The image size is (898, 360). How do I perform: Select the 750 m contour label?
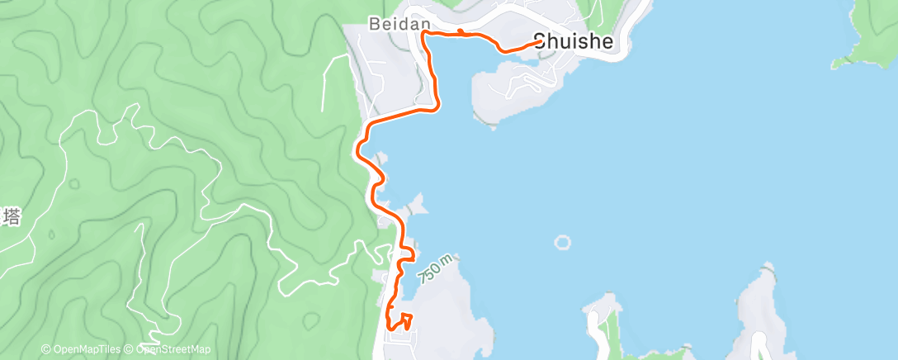pyautogui.click(x=436, y=269)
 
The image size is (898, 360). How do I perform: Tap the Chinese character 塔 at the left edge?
pyautogui.click(x=11, y=218)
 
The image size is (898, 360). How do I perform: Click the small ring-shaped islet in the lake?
pyautogui.click(x=563, y=243)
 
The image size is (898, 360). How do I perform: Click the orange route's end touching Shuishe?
pyautogui.click(x=541, y=42)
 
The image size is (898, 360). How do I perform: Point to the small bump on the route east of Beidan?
pyautogui.click(x=461, y=32)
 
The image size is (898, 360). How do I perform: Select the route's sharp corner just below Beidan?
pyautogui.click(x=423, y=35)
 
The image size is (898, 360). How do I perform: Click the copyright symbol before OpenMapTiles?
pyautogui.click(x=45, y=349)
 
